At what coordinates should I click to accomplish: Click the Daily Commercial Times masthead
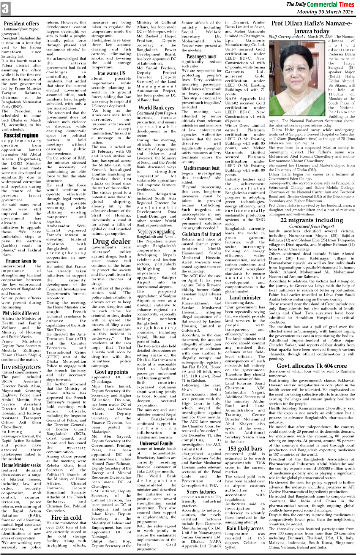320,4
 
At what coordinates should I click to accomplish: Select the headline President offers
21,24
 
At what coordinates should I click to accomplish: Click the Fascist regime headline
21,135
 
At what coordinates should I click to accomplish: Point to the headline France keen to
21,261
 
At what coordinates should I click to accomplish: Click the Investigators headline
21,367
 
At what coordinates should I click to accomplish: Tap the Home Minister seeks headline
21,465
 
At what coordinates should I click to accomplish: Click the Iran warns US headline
111,73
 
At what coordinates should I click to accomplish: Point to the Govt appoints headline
111,372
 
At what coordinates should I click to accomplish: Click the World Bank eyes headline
156,108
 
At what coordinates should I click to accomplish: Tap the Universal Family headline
156,443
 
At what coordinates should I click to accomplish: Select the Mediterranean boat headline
201,168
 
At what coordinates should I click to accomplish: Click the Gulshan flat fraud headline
201,234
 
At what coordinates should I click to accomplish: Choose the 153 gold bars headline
245,448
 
